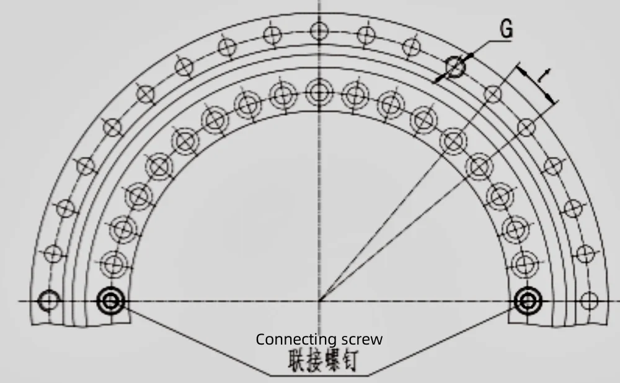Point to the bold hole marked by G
pos(455,66)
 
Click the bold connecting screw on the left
pos(111,302)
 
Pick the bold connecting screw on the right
pos(527,302)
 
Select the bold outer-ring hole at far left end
pos(48,302)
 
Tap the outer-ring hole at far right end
pos(589,302)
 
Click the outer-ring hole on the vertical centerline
pos(319,29)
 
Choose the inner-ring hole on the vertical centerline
pos(319,93)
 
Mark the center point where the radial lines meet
pos(319,302)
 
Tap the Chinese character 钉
pos(348,361)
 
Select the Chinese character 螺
pos(331,361)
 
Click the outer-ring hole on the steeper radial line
pos(492,94)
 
